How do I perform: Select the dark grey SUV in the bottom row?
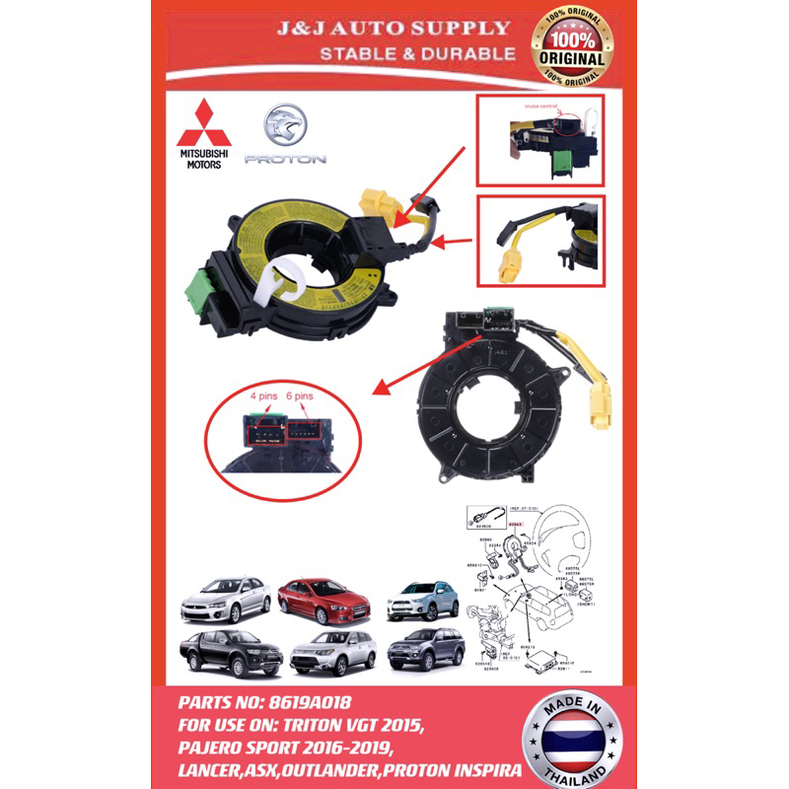point(425,649)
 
